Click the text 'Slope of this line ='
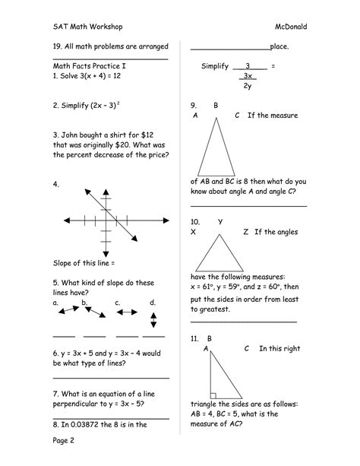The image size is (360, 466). pos(84,262)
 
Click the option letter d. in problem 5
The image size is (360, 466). pos(153,302)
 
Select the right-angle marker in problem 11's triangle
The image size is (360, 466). pos(214,395)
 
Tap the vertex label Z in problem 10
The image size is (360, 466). pos(245,231)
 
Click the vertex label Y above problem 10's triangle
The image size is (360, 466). pos(220,221)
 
